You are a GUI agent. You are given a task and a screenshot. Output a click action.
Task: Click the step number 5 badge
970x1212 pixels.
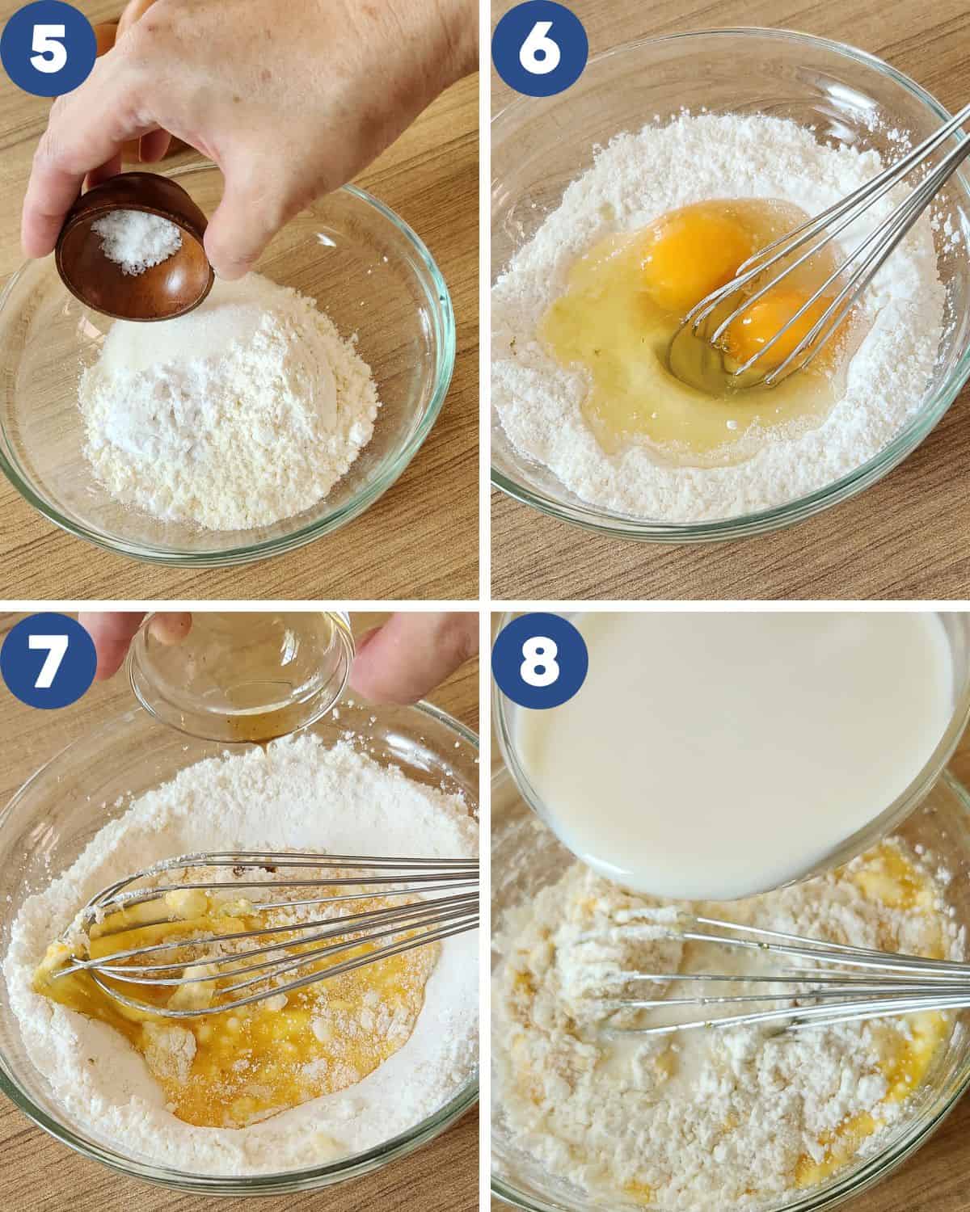[x=48, y=48]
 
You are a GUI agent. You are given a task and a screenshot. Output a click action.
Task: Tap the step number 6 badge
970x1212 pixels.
[x=539, y=48]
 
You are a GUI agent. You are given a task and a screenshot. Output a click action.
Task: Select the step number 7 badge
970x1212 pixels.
[x=48, y=660]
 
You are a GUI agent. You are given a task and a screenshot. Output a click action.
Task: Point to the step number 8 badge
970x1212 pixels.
[x=539, y=660]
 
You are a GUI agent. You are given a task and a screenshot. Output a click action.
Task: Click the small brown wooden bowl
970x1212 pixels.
[x=134, y=248]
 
